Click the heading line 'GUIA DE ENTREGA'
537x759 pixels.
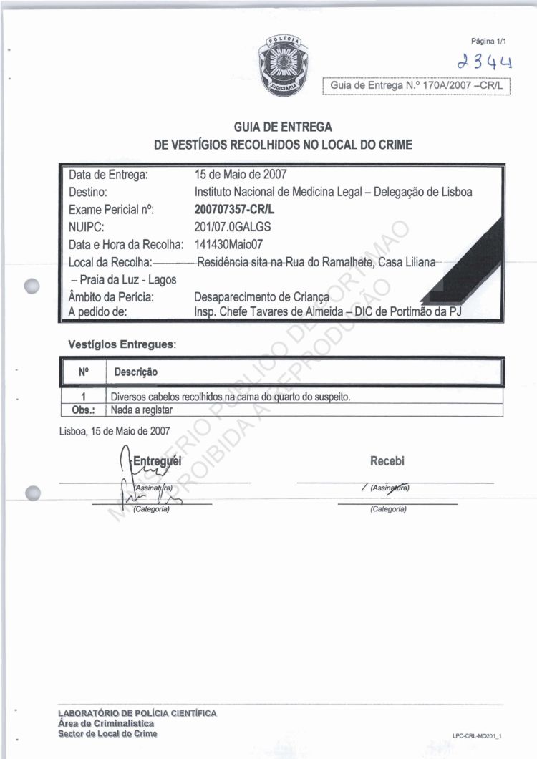283,127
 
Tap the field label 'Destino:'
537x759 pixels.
88,192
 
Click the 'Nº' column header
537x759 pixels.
83,372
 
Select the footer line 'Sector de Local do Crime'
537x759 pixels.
108,734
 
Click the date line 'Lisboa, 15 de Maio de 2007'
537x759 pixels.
115,431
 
